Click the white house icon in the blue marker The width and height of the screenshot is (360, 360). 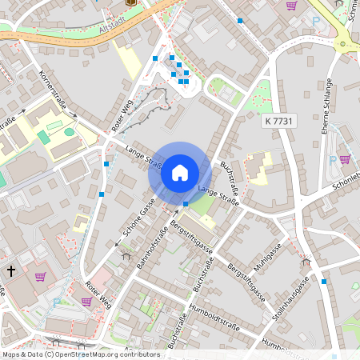(x=180, y=172)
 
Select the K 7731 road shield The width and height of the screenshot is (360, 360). (x=279, y=120)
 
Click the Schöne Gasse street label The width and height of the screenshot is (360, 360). (x=138, y=218)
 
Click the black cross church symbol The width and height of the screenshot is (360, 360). (x=11, y=271)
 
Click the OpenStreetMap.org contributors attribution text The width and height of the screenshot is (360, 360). (x=109, y=354)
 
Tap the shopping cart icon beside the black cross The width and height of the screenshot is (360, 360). (x=40, y=277)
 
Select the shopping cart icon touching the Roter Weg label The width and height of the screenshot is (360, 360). (x=86, y=302)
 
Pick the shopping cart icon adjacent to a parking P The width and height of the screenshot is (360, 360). (x=345, y=159)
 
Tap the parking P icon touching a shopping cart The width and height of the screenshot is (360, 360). (x=333, y=159)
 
